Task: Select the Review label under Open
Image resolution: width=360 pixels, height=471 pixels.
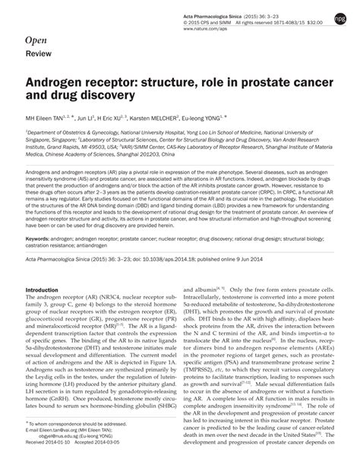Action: (38, 55)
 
